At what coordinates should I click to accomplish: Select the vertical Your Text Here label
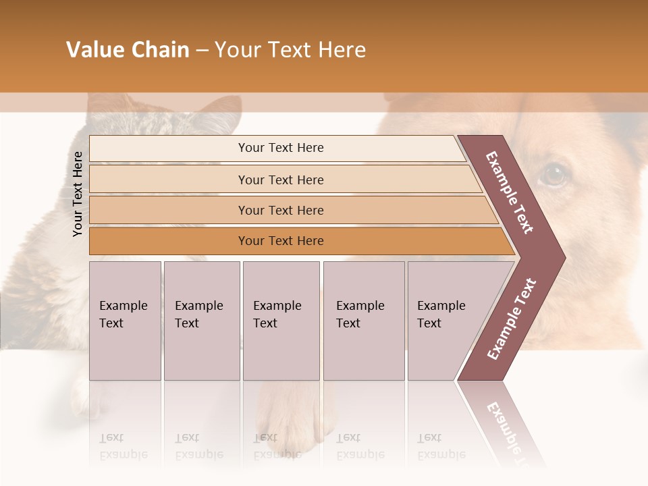(x=78, y=194)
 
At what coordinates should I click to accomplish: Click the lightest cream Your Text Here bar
(x=281, y=148)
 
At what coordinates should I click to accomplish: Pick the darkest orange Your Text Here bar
(x=281, y=241)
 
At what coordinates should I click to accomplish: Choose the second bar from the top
(x=281, y=180)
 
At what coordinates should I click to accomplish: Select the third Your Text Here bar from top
(x=281, y=211)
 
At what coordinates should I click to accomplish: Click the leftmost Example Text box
(x=125, y=321)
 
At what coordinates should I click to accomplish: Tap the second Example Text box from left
(x=201, y=321)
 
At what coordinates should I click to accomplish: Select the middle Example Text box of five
(x=281, y=321)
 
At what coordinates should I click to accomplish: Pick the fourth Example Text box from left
(x=363, y=321)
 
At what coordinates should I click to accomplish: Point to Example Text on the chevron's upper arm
(x=510, y=192)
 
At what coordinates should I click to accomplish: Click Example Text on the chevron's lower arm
(x=512, y=319)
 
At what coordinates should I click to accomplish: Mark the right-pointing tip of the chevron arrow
(x=564, y=257)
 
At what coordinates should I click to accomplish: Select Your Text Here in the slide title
(x=290, y=50)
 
